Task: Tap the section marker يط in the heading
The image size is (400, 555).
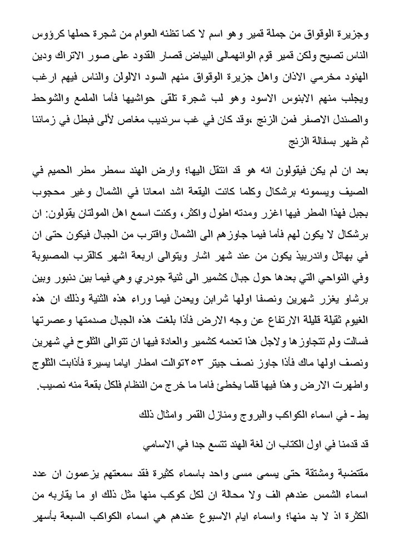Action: pyautogui.click(x=364, y=413)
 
